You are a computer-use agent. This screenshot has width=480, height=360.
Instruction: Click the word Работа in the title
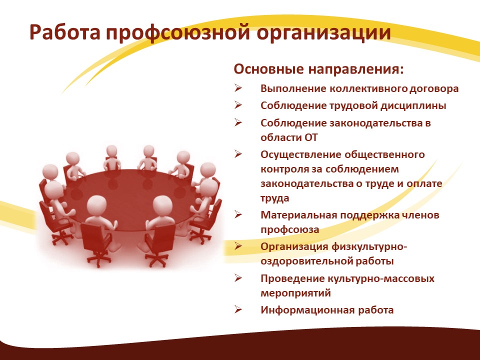65,32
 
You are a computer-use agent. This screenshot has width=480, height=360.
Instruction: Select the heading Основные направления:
318,69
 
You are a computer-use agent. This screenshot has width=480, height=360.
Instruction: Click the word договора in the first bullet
434,89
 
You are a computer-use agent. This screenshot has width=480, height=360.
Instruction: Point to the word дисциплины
413,106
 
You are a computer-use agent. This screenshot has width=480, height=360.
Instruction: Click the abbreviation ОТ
310,137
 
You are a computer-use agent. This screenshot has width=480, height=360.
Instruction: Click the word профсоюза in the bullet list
290,230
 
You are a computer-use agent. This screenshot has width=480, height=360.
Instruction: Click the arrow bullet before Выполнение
238,88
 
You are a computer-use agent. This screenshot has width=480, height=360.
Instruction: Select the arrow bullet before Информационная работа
238,309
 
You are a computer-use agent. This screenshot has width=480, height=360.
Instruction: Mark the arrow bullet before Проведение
238,278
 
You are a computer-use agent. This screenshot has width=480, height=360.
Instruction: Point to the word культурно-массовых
381,279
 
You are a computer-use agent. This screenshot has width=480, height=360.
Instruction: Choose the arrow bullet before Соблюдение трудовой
238,105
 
